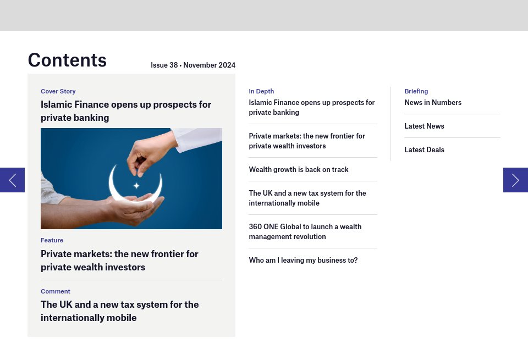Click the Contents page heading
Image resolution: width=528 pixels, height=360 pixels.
click(x=67, y=60)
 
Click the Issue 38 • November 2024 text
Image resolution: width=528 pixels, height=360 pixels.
click(x=193, y=65)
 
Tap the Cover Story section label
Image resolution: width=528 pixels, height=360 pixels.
click(x=58, y=91)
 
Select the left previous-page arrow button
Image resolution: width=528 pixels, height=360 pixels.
click(x=12, y=180)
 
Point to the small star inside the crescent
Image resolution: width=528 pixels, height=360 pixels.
click(x=136, y=185)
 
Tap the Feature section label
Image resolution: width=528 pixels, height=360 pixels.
click(x=52, y=240)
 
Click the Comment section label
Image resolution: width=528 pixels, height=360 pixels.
click(x=56, y=291)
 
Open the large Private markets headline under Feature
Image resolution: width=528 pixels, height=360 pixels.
click(x=119, y=261)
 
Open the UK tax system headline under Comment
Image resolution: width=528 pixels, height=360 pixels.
click(x=119, y=311)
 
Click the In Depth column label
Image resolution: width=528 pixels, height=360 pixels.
click(x=261, y=91)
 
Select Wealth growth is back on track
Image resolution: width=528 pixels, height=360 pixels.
click(x=299, y=169)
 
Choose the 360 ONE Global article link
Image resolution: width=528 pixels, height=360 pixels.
click(x=305, y=231)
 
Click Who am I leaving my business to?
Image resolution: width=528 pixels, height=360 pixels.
click(x=303, y=260)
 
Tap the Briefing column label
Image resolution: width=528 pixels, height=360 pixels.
click(x=416, y=91)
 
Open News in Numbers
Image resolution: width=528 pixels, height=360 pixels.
click(x=433, y=102)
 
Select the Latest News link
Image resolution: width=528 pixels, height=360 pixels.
click(x=424, y=126)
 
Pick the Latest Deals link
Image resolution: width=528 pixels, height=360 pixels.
click(x=424, y=149)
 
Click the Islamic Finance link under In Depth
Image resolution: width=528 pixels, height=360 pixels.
click(x=311, y=107)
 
